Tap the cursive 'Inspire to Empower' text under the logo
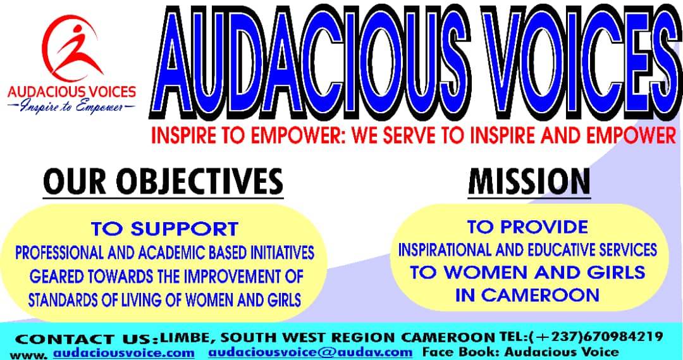[x=71, y=106]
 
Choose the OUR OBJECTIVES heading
[x=163, y=182]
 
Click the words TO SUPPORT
[x=164, y=229]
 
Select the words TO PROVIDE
[x=527, y=227]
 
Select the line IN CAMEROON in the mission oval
[x=527, y=295]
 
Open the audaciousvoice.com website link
[x=124, y=352]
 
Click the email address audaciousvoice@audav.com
[x=310, y=352]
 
